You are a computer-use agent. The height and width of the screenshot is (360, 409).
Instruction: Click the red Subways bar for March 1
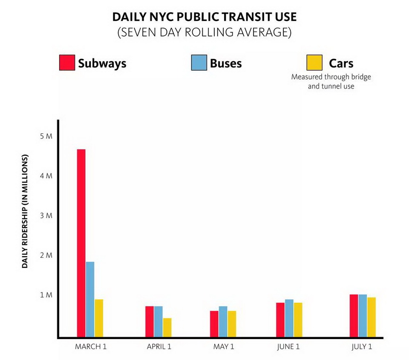tap(81, 243)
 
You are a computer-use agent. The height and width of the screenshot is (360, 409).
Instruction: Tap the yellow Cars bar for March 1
tap(99, 318)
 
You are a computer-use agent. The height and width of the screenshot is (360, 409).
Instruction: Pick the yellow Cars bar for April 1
tap(167, 327)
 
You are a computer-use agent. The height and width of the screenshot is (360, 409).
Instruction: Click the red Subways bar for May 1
tap(214, 324)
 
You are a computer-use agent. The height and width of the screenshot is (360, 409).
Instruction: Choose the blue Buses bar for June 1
tap(289, 318)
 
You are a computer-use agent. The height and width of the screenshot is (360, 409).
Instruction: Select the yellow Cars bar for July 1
tap(371, 317)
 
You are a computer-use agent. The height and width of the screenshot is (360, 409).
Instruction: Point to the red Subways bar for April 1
tap(149, 321)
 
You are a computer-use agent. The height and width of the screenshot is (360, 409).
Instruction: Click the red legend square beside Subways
tap(67, 63)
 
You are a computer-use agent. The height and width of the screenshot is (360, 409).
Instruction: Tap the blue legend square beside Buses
tap(199, 63)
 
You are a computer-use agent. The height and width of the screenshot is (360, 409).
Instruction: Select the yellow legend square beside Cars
tap(314, 63)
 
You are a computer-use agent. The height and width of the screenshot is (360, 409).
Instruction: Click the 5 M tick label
tap(46, 136)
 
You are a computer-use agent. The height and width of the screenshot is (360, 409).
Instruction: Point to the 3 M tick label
tap(46, 216)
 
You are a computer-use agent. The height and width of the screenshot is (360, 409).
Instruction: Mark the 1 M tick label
tap(46, 295)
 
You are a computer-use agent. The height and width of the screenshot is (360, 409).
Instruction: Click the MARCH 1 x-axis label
tap(90, 346)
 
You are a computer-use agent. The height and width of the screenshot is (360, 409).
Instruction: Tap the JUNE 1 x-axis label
tap(288, 346)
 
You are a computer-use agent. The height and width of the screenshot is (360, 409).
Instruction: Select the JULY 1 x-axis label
tap(362, 346)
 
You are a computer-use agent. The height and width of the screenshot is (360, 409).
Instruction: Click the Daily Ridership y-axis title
tap(25, 212)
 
